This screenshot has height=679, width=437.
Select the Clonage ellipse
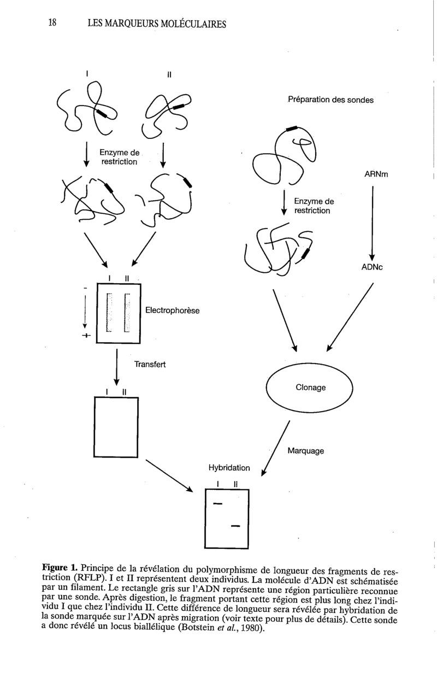click(x=310, y=388)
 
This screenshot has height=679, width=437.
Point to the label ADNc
click(x=375, y=268)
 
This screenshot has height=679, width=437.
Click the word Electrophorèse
click(x=172, y=311)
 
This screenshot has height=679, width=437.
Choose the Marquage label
click(x=305, y=452)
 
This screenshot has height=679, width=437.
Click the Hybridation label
click(x=229, y=468)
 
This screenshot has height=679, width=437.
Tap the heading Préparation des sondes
click(x=330, y=100)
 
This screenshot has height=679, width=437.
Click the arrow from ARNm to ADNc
click(x=373, y=222)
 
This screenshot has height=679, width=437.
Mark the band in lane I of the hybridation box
click(x=217, y=503)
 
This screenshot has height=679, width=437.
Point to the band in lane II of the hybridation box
click(x=236, y=526)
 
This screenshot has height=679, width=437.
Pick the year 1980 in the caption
click(x=253, y=629)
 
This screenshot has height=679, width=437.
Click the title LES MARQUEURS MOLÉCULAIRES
click(x=156, y=24)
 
